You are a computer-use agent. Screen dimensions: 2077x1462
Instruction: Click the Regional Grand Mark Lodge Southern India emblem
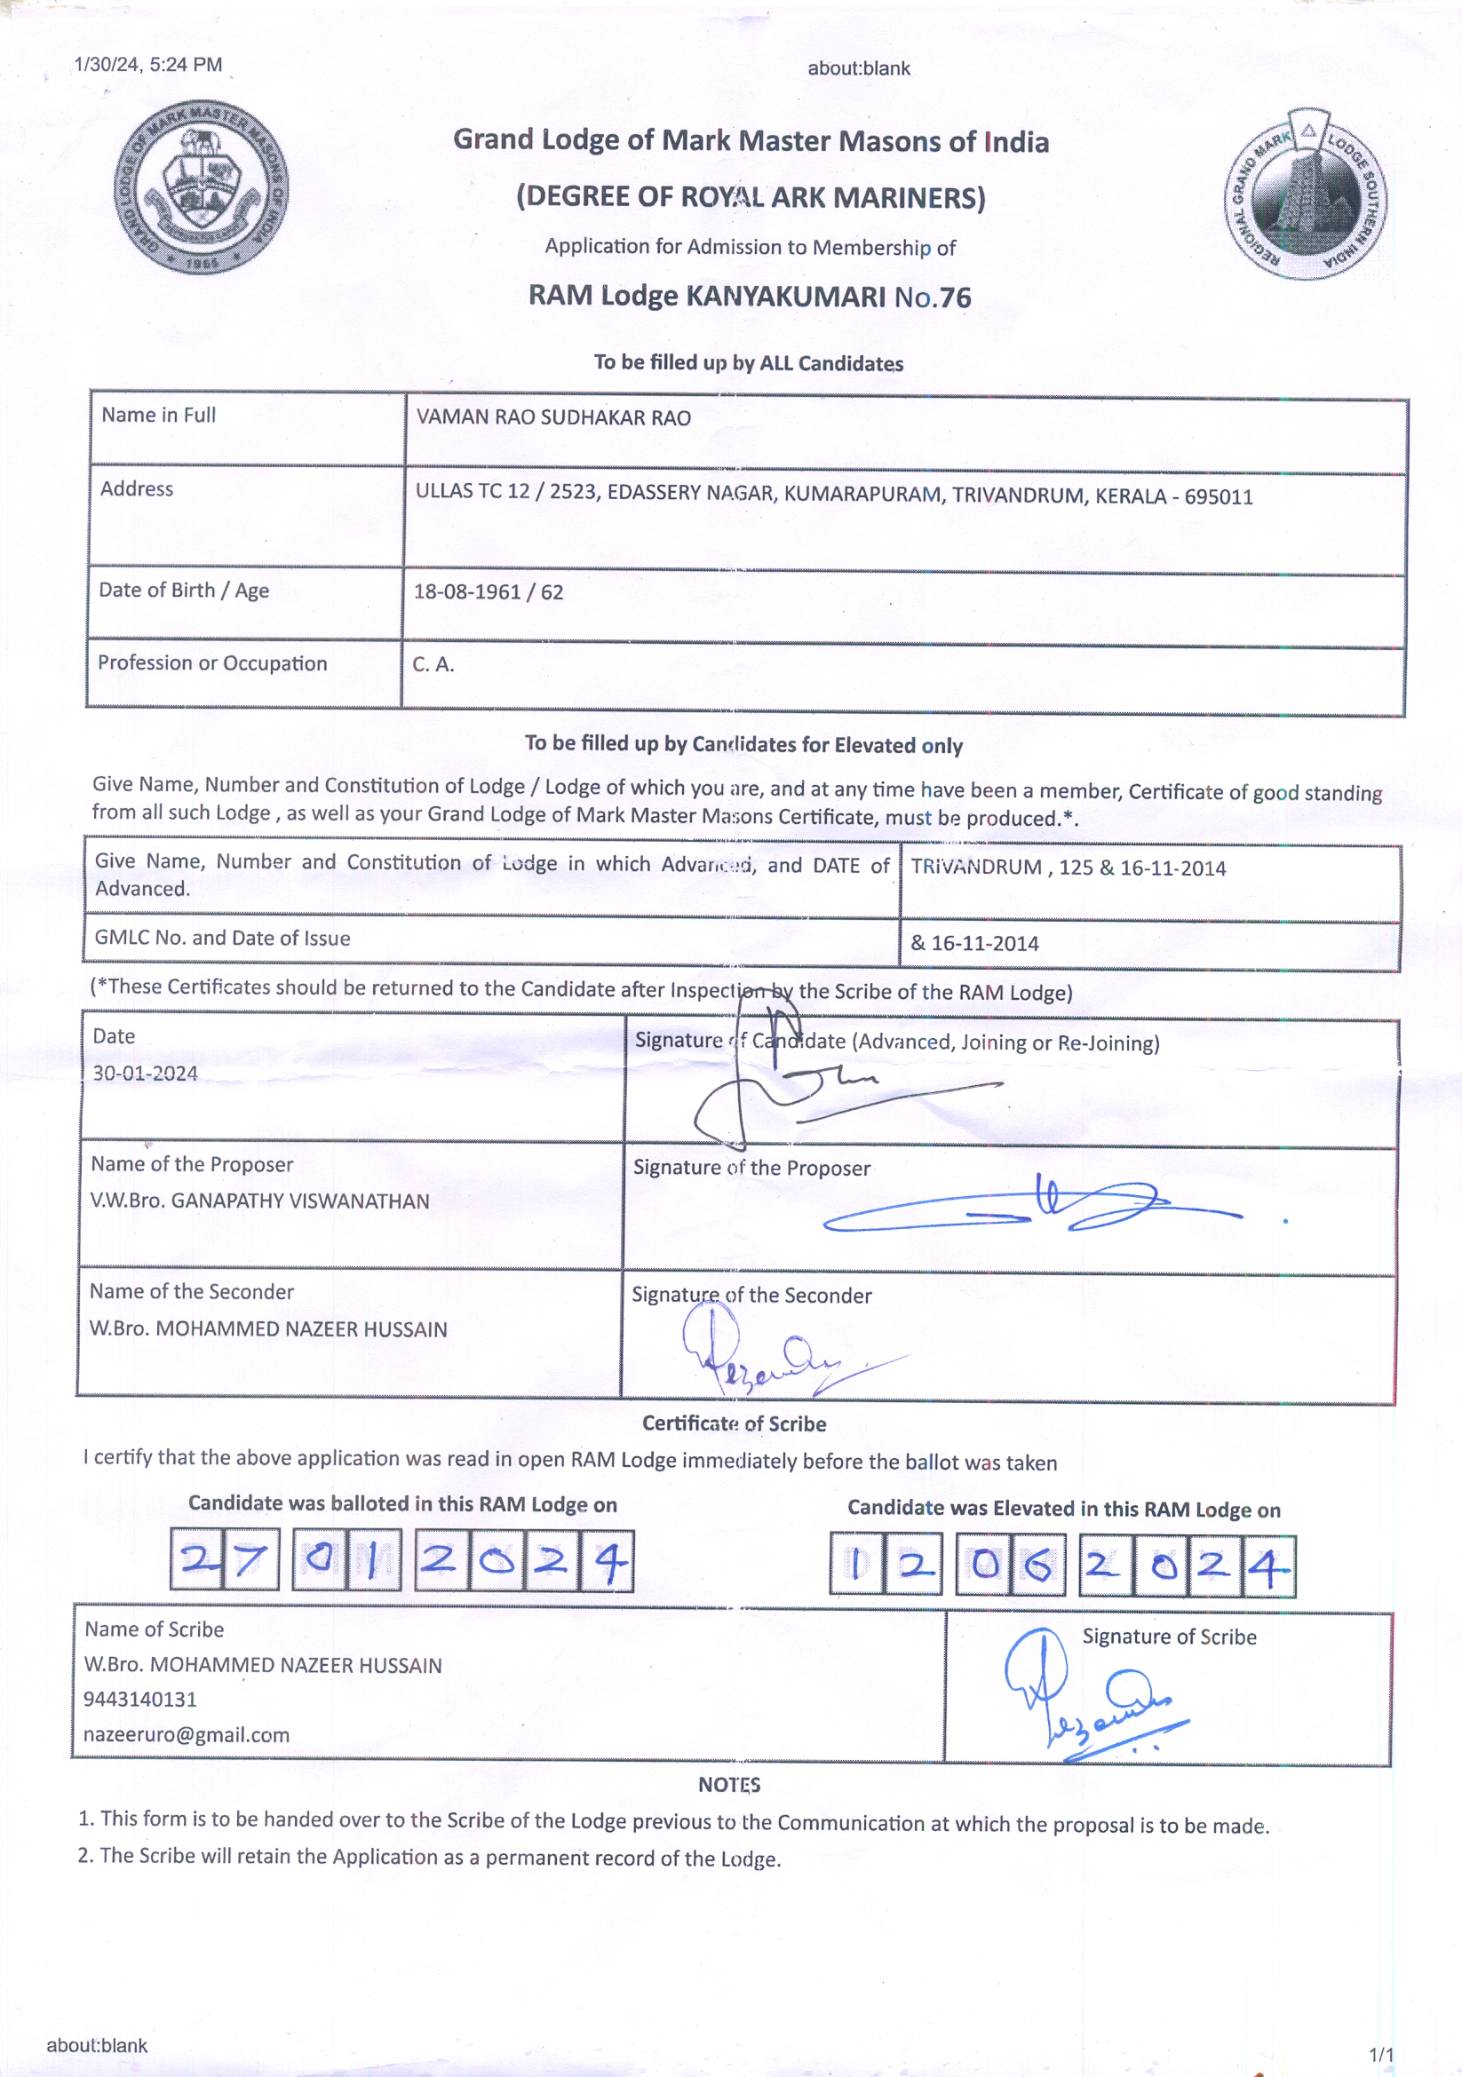tap(1306, 194)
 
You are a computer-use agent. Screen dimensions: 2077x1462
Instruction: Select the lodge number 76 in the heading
tap(955, 297)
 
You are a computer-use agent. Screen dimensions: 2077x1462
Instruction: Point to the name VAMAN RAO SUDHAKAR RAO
tap(552, 418)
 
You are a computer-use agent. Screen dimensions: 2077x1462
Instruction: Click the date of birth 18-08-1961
tap(467, 592)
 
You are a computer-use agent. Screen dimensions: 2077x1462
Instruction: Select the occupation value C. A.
tap(433, 664)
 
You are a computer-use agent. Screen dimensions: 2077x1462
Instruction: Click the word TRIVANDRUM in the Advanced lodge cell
tap(975, 867)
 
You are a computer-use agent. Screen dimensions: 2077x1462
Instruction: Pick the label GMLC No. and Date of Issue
tap(222, 938)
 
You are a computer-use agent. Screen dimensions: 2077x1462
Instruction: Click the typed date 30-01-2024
tap(145, 1074)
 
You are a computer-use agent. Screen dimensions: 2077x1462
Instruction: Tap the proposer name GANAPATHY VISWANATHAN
tap(299, 1201)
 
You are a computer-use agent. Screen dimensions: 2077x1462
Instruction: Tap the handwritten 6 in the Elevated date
tap(1037, 1565)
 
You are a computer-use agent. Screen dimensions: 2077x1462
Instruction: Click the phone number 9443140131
tap(140, 1699)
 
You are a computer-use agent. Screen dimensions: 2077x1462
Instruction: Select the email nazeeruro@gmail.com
tap(187, 1734)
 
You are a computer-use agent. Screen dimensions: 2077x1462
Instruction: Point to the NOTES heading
tap(729, 1785)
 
